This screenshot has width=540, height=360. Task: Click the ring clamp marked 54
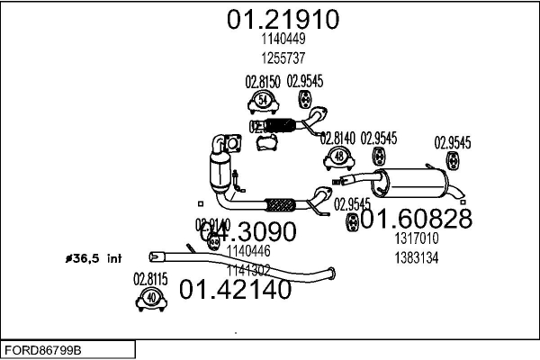(x=263, y=99)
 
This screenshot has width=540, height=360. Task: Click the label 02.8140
(x=338, y=139)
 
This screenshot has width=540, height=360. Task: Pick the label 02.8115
(x=151, y=279)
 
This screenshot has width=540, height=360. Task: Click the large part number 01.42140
(x=236, y=290)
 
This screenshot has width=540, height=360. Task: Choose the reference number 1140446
(x=248, y=253)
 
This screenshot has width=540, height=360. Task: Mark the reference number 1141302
(x=248, y=268)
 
